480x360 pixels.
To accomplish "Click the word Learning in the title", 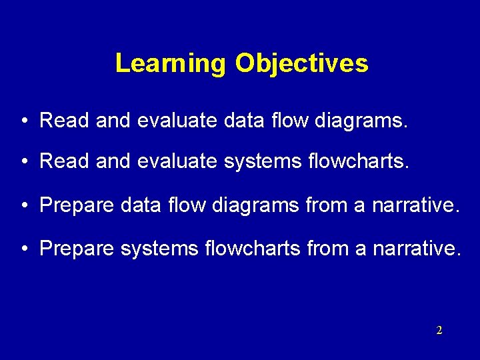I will pyautogui.click(x=171, y=63).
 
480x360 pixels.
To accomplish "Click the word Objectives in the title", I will pyautogui.click(x=301, y=63).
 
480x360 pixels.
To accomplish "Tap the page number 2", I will pyautogui.click(x=439, y=330).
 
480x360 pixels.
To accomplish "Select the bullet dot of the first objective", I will pyautogui.click(x=23, y=121).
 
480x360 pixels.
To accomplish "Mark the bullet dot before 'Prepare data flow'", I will pyautogui.click(x=23, y=207).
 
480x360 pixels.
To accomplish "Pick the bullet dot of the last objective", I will pyautogui.click(x=23, y=249).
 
